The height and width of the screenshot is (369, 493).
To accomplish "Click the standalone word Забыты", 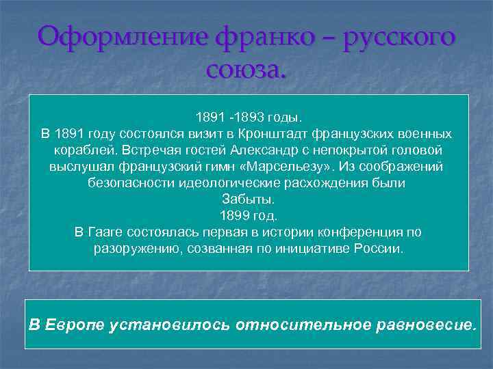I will [x=248, y=199].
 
